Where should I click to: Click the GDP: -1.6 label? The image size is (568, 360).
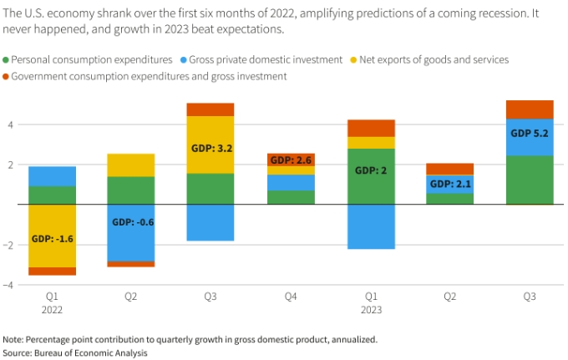(x=52, y=238)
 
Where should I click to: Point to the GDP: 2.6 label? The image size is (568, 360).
(x=291, y=160)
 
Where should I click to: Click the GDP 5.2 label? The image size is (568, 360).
(x=530, y=133)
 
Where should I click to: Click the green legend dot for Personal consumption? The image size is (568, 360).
(x=7, y=59)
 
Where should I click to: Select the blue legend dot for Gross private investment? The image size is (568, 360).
(x=181, y=59)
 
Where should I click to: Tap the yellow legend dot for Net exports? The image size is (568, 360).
(x=355, y=59)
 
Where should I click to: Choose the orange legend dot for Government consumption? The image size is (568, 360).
(x=7, y=76)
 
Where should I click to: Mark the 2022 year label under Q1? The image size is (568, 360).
(x=52, y=309)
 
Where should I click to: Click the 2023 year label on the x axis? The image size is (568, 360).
(x=371, y=309)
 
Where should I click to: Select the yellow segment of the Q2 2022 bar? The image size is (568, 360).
(x=130, y=165)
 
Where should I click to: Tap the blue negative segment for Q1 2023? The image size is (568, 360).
(x=371, y=226)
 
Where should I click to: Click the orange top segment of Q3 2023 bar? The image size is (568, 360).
(x=530, y=109)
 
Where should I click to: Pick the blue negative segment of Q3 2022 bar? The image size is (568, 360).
(x=210, y=222)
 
